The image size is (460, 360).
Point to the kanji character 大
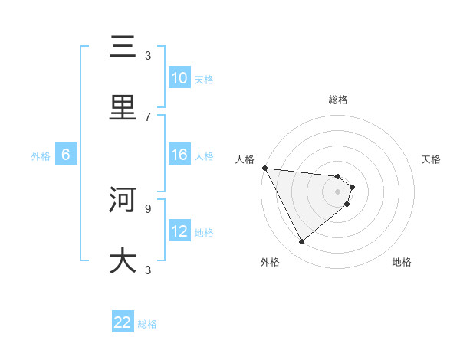123,260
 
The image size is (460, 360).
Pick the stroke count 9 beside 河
148,208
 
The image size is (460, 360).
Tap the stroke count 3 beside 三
148,55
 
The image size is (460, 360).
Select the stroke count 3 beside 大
148,269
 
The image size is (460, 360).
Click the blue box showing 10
179,78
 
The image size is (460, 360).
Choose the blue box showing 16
179,155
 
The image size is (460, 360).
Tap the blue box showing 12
179,231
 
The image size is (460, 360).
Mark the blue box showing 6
66,155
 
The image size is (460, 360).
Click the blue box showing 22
123,322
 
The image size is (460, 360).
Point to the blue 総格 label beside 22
147,324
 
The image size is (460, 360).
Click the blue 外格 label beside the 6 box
41,155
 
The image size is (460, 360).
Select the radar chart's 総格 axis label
338,100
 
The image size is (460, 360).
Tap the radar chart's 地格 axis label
402,262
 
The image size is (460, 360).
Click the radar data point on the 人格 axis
264,168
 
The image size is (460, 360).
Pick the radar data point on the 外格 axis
301,241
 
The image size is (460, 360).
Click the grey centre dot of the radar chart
338,191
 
